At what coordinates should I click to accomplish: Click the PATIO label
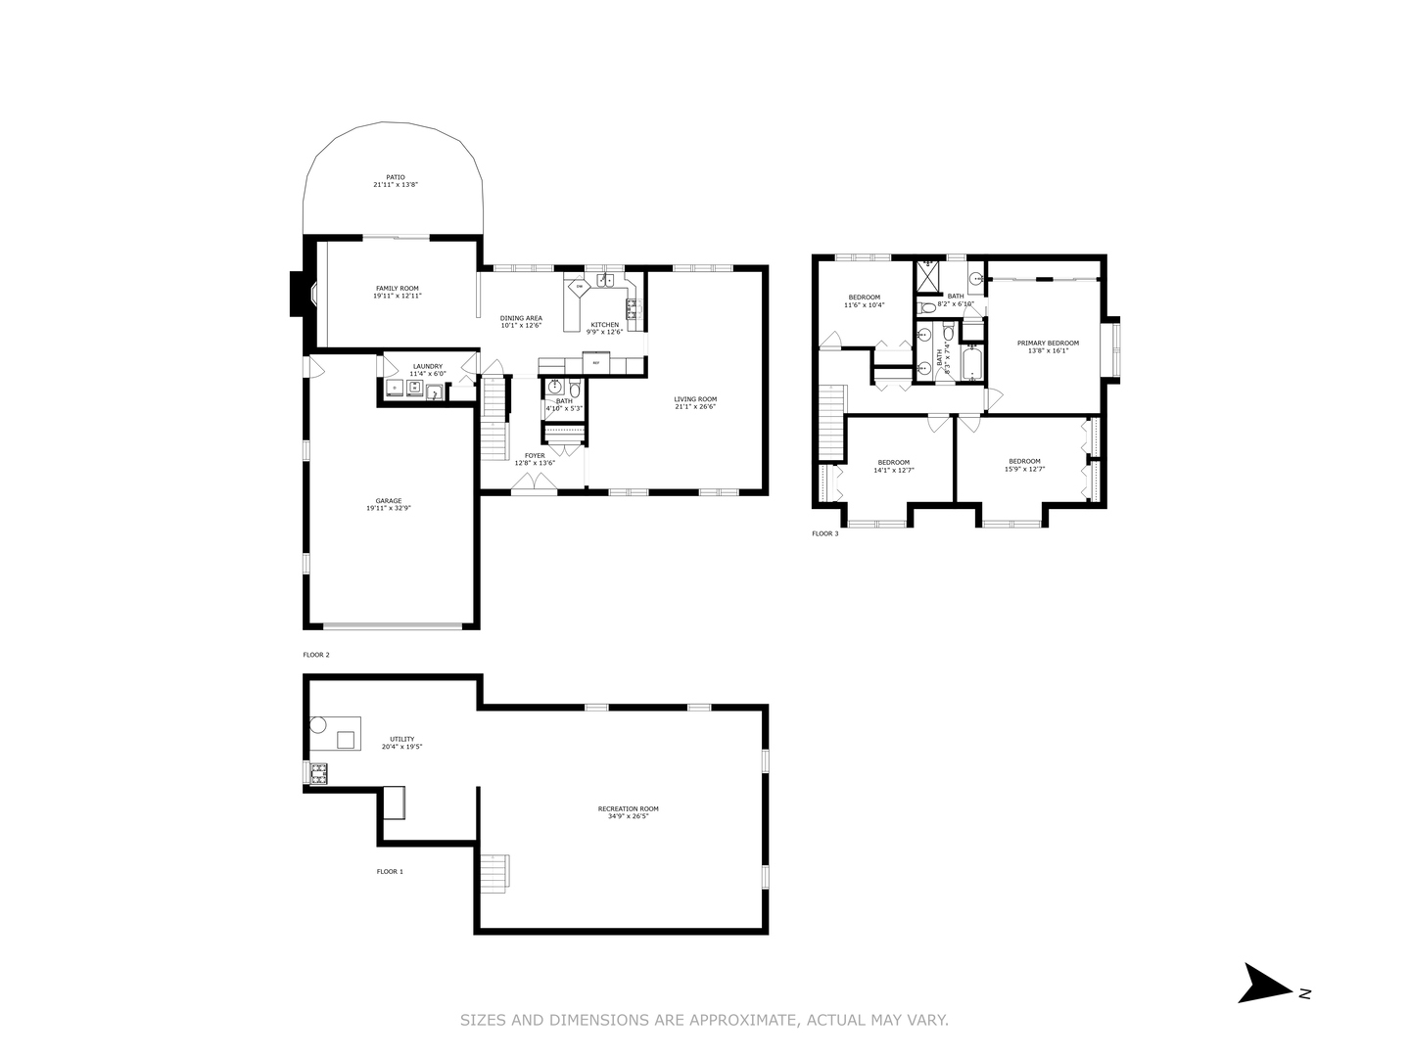pyautogui.click(x=395, y=177)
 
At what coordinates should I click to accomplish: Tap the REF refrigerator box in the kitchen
pyautogui.click(x=595, y=364)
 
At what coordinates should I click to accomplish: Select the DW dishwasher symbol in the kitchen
pyautogui.click(x=579, y=287)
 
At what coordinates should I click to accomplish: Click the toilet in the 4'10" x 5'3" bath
pyautogui.click(x=575, y=390)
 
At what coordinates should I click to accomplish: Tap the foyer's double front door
pyautogui.click(x=534, y=483)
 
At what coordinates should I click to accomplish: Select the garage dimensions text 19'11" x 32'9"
pyautogui.click(x=389, y=508)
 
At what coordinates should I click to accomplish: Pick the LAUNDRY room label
pyautogui.click(x=427, y=366)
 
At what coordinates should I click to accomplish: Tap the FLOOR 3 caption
pyautogui.click(x=824, y=533)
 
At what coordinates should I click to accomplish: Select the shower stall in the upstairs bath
pyautogui.click(x=928, y=275)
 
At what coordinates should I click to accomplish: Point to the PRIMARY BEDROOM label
pyautogui.click(x=1048, y=343)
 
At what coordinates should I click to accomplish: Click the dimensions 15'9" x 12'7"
pyautogui.click(x=1024, y=469)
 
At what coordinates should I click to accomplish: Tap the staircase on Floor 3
pyautogui.click(x=831, y=422)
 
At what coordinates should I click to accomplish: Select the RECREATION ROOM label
pyautogui.click(x=628, y=808)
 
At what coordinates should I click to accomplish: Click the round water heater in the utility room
pyautogui.click(x=318, y=725)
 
